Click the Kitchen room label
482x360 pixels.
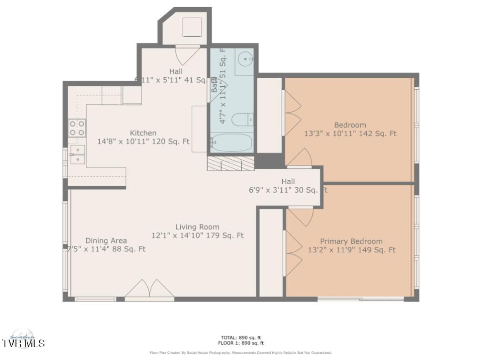(143, 133)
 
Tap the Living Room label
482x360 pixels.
(197, 227)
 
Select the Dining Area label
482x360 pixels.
(106, 241)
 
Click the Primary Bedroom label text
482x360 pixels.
(351, 241)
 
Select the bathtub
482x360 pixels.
(231, 142)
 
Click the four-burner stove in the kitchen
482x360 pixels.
(77, 128)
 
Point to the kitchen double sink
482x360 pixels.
(77, 154)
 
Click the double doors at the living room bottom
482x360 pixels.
(150, 289)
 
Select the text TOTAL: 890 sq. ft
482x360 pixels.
(241, 338)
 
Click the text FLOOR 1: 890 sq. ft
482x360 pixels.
(241, 343)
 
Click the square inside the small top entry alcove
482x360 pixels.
(192, 27)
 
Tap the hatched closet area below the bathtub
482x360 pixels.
(231, 164)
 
